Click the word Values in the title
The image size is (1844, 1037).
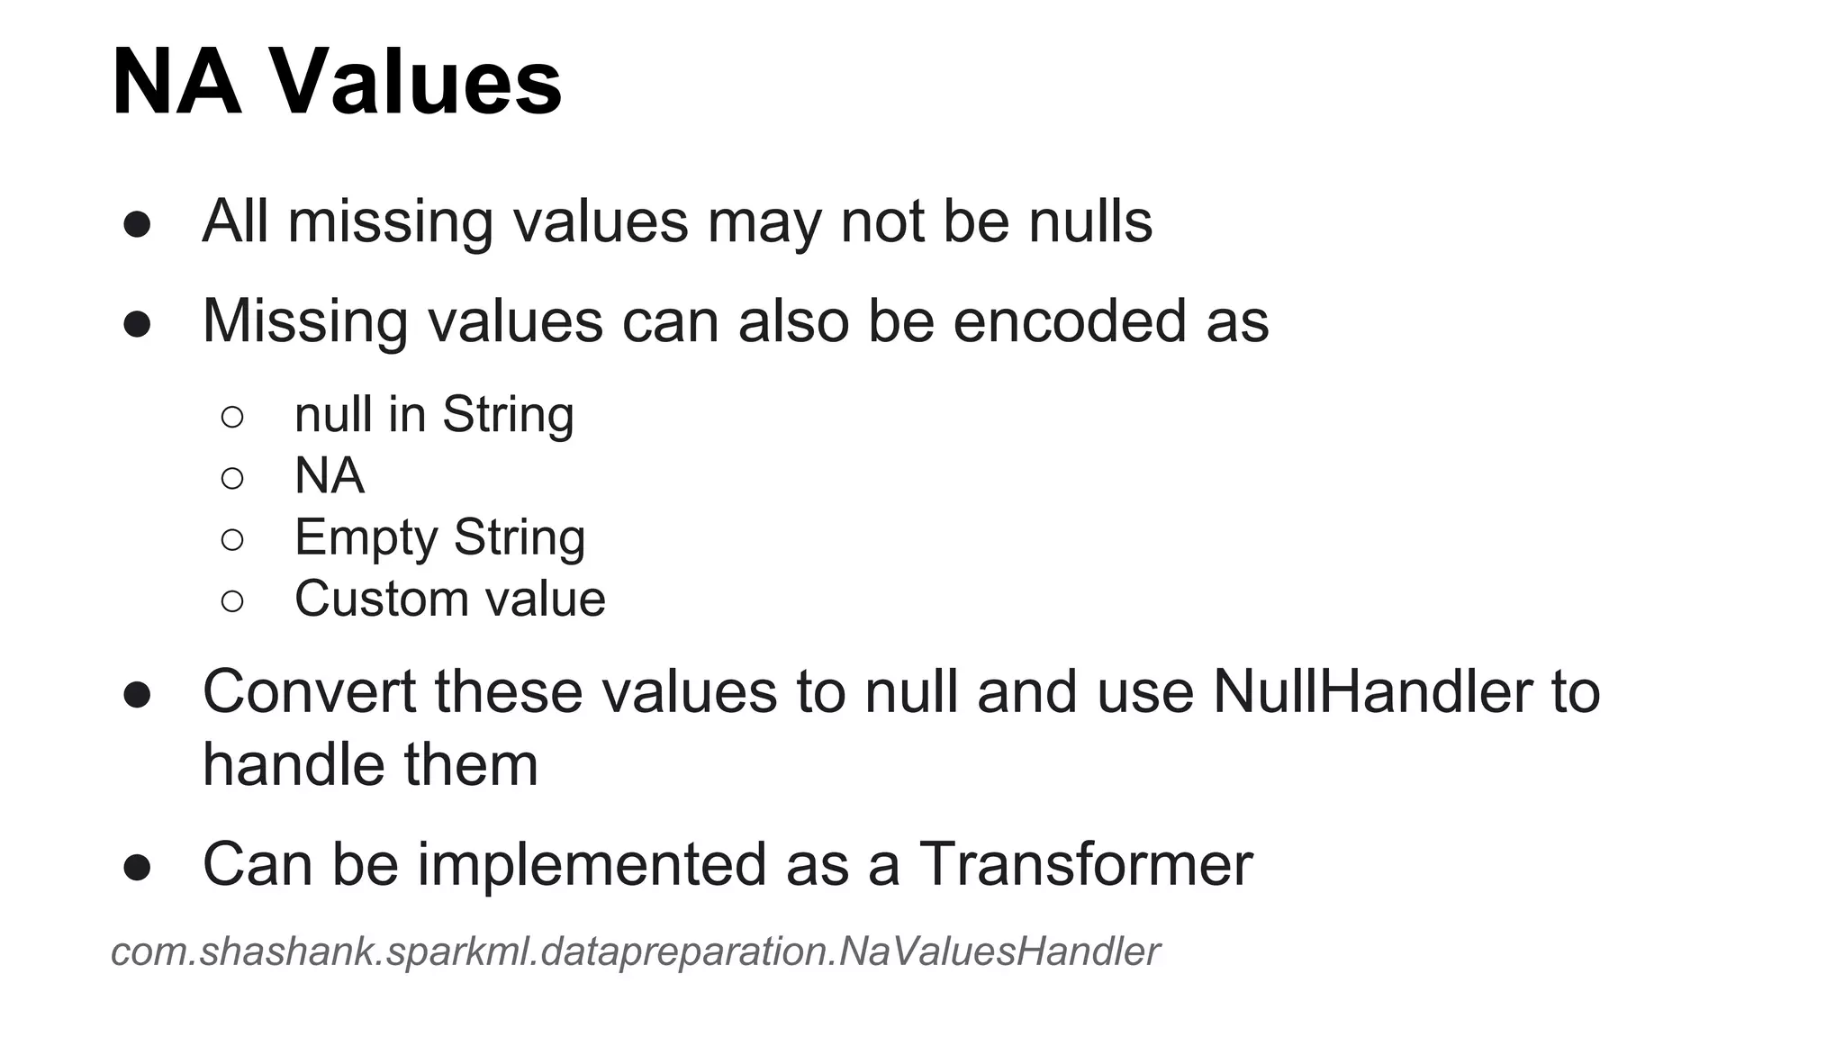click(x=416, y=83)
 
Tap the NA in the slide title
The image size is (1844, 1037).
click(x=176, y=83)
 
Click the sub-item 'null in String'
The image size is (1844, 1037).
click(x=434, y=415)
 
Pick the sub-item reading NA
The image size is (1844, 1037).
click(x=330, y=476)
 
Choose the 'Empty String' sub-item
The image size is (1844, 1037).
click(x=439, y=537)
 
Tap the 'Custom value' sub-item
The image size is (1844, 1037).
click(x=450, y=600)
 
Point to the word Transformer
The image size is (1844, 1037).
click(x=1086, y=865)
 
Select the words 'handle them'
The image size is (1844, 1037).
click(x=370, y=766)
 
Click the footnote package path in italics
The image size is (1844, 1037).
click(x=635, y=952)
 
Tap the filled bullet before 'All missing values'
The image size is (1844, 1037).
click(x=137, y=225)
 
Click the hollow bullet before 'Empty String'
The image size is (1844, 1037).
click(x=232, y=540)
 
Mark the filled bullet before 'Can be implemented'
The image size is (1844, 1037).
click(x=137, y=868)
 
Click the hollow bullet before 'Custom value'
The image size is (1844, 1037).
click(x=232, y=601)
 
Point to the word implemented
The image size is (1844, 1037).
click(x=592, y=865)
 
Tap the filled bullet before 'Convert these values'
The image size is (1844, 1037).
click(x=137, y=695)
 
